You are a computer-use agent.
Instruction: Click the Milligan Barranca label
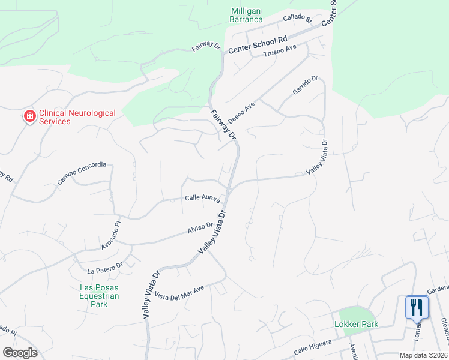pos(247,15)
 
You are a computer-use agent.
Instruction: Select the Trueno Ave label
pos(280,51)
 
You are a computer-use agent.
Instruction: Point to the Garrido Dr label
pos(304,86)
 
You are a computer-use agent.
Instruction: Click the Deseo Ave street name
pos(241,112)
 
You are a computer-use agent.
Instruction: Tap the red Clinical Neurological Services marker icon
pos(28,116)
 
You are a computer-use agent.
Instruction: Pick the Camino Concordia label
pos(82,173)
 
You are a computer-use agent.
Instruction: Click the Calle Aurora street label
pos(202,197)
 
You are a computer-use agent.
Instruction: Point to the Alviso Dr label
pos(200,227)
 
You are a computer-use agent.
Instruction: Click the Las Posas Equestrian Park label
pos(100,296)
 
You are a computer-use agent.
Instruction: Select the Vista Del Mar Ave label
pos(180,292)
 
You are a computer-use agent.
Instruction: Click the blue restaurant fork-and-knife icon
pos(417,307)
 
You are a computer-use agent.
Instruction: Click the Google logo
pos(20,353)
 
